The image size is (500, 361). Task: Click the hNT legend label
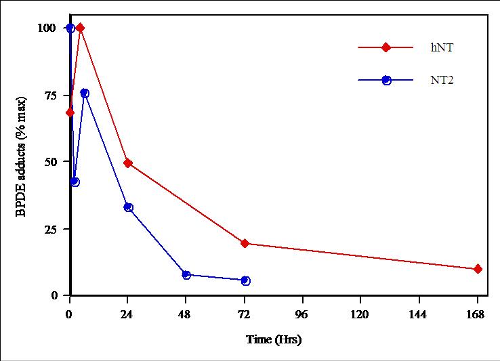[x=440, y=47]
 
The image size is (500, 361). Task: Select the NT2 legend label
[x=442, y=80]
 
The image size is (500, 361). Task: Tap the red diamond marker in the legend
[x=386, y=47]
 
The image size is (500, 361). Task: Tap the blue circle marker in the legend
[x=386, y=80]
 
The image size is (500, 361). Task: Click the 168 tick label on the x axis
[x=477, y=314]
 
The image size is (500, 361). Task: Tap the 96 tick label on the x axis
[x=302, y=314]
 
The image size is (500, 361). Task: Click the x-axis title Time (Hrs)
[x=274, y=339]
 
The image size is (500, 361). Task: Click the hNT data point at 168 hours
[x=478, y=269]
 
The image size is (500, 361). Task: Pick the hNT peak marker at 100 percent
[x=80, y=28]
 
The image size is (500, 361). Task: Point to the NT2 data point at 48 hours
[x=186, y=274]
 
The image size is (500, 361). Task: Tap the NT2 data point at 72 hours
[x=245, y=280]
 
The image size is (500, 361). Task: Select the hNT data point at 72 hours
[x=245, y=243]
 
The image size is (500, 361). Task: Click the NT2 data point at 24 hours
[x=128, y=207]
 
